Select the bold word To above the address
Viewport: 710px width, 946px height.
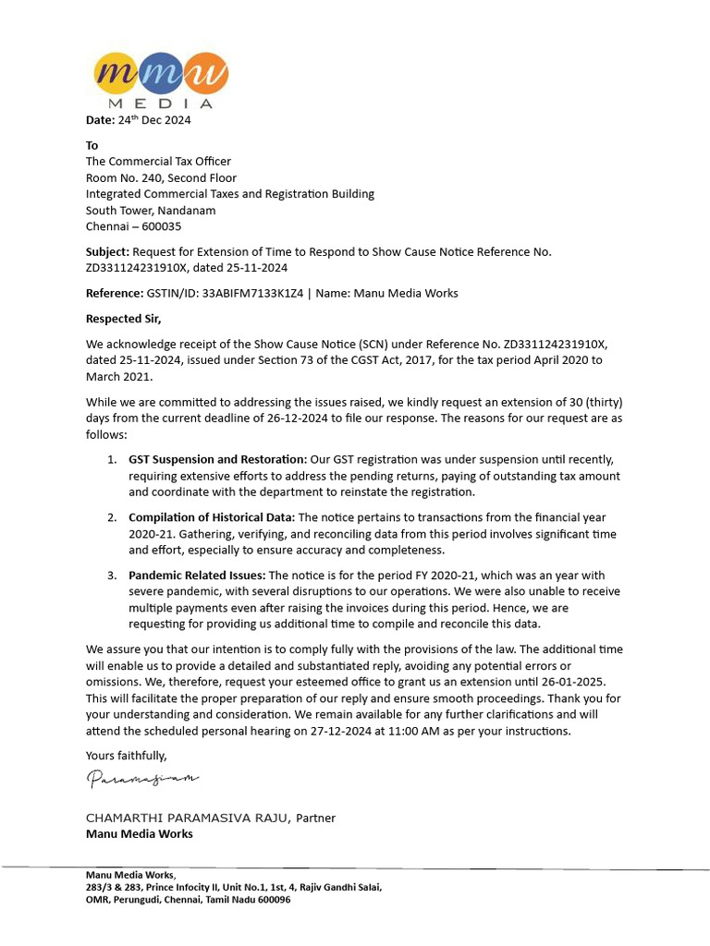pos(92,145)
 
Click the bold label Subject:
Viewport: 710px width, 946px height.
pos(107,251)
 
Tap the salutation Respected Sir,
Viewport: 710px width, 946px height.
pos(123,319)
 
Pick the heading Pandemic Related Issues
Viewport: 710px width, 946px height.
pos(197,575)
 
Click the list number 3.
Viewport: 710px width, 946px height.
pos(110,575)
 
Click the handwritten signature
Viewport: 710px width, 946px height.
pos(142,780)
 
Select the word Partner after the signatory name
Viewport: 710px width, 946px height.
pos(316,818)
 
